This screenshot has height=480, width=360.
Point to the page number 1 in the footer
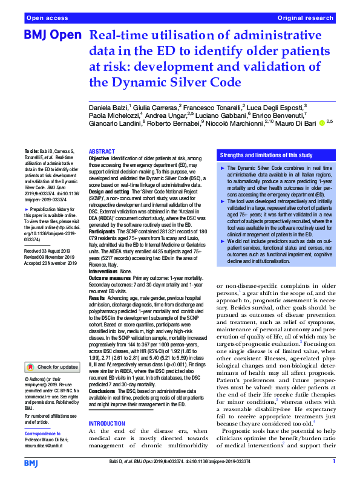pos(333,462)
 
